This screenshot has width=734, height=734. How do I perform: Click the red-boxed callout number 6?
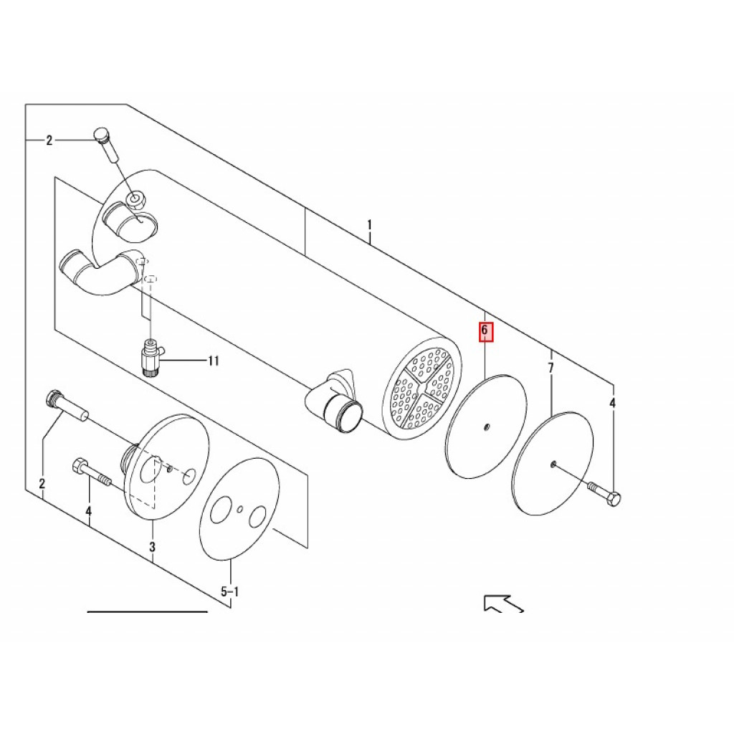[x=485, y=330]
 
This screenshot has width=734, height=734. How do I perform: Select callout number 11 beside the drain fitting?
[x=214, y=361]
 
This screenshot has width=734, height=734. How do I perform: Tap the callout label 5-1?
[x=230, y=592]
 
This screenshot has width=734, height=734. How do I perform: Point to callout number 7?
[x=551, y=368]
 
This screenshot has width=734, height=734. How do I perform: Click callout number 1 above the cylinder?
[x=369, y=225]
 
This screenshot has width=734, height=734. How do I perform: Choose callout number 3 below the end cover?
[x=152, y=546]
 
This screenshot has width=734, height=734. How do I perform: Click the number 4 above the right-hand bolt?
[x=612, y=403]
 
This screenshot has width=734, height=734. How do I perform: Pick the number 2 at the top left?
[x=49, y=140]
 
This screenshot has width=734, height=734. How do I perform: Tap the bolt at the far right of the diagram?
[x=604, y=493]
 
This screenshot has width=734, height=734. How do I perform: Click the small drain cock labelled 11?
[x=151, y=356]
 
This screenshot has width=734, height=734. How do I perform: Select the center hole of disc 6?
[x=487, y=426]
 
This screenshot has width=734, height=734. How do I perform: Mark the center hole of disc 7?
[x=553, y=464]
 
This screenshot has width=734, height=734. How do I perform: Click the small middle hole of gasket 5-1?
[x=240, y=509]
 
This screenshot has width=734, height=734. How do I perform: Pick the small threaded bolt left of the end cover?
[x=91, y=473]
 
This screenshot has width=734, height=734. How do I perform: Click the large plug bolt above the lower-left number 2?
[x=67, y=406]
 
